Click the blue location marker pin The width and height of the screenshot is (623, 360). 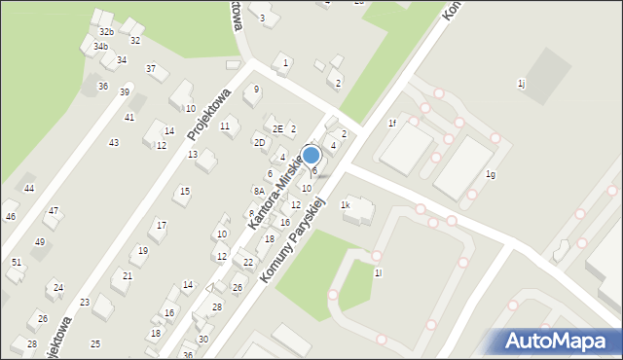pyautogui.click(x=311, y=156)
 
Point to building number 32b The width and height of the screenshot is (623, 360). pyautogui.click(x=106, y=32)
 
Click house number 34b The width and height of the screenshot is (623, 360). pyautogui.click(x=100, y=46)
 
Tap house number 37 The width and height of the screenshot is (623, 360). pyautogui.click(x=151, y=69)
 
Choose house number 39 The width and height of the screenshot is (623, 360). pyautogui.click(x=125, y=91)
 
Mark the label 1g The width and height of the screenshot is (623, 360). pyautogui.click(x=491, y=174)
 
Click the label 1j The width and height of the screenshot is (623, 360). pyautogui.click(x=522, y=84)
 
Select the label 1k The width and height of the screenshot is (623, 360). pyautogui.click(x=345, y=205)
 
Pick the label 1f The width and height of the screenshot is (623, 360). pyautogui.click(x=392, y=124)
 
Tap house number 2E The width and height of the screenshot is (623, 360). pyautogui.click(x=277, y=128)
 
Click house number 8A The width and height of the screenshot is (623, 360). pyautogui.click(x=259, y=191)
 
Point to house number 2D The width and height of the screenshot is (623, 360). pyautogui.click(x=259, y=143)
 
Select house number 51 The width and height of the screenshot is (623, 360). pyautogui.click(x=17, y=262)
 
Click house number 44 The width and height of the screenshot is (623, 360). pyautogui.click(x=29, y=189)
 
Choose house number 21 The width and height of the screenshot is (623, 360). pyautogui.click(x=127, y=275)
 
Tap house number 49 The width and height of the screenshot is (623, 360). pyautogui.click(x=40, y=241)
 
